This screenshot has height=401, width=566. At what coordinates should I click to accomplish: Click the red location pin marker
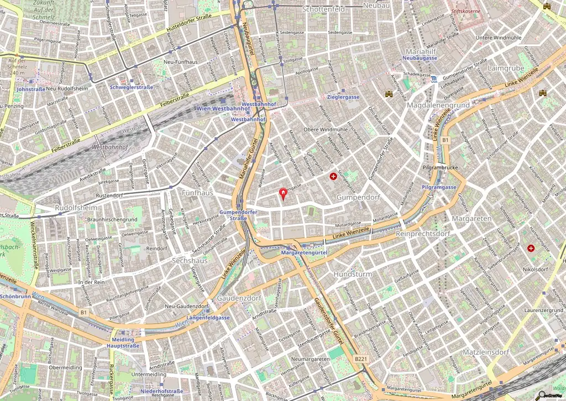point(284,193)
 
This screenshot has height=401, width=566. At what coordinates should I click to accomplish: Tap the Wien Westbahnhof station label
point(220,108)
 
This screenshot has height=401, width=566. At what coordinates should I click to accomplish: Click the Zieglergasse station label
point(339,97)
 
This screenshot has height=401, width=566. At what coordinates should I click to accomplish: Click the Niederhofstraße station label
point(161,391)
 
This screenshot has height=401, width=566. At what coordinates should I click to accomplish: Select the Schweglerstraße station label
point(132,87)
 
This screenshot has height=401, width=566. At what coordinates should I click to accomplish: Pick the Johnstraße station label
point(30,88)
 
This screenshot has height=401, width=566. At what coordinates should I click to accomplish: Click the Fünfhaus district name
point(197,193)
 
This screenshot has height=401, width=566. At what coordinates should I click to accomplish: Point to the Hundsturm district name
point(353,274)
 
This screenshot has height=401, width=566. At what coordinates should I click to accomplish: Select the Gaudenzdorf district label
point(238,298)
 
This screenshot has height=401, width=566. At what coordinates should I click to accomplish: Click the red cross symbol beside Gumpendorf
point(333,177)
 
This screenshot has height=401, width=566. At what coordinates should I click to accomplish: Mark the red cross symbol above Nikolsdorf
point(531,249)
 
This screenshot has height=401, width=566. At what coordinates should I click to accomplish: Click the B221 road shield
point(360,359)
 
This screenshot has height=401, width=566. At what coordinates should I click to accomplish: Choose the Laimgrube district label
point(506,68)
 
